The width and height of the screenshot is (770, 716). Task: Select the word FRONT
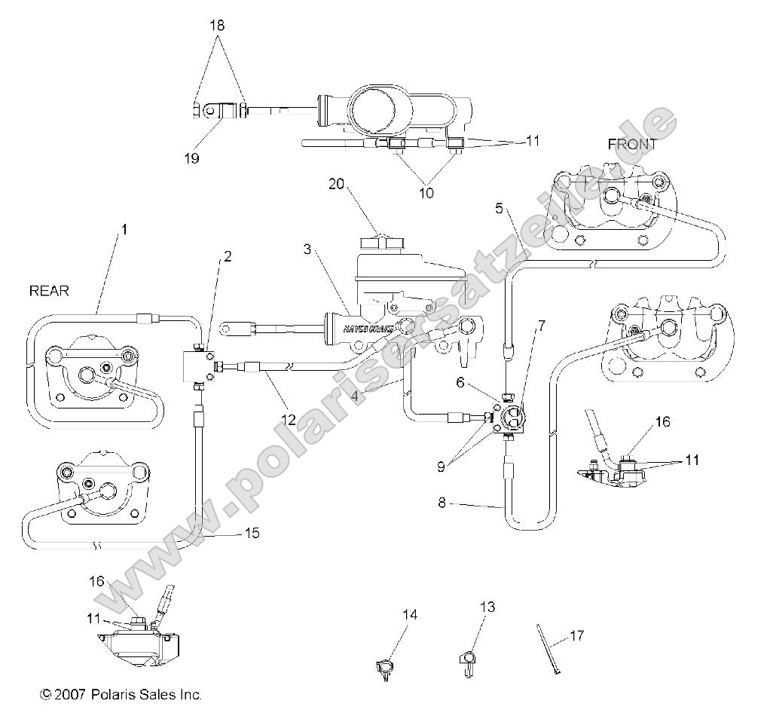[x=631, y=144]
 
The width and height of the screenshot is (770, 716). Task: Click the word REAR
[x=49, y=290]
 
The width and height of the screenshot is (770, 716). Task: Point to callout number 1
[x=124, y=226]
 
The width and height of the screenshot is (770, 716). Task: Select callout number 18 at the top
[x=217, y=26]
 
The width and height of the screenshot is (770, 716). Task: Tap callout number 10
[x=426, y=192]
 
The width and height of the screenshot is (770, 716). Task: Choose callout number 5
[x=499, y=210]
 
